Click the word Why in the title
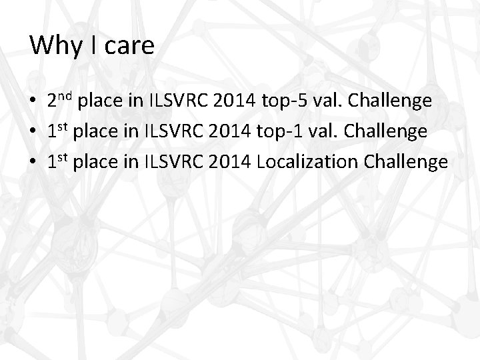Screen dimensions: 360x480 pos(54,46)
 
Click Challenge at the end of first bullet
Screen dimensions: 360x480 pos(394,102)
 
